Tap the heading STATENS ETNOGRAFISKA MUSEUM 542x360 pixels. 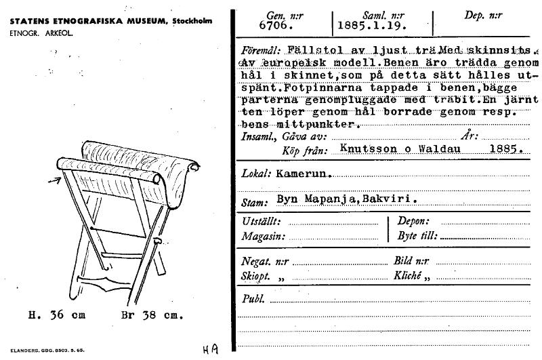click(87, 21)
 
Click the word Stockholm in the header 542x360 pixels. click(192, 21)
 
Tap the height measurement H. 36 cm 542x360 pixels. click(57, 315)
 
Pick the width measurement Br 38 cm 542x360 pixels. click(152, 315)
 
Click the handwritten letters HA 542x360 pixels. click(210, 348)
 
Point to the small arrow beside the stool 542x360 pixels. click(56, 180)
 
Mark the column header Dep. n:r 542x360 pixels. click(482, 15)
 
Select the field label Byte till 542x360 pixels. click(415, 236)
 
